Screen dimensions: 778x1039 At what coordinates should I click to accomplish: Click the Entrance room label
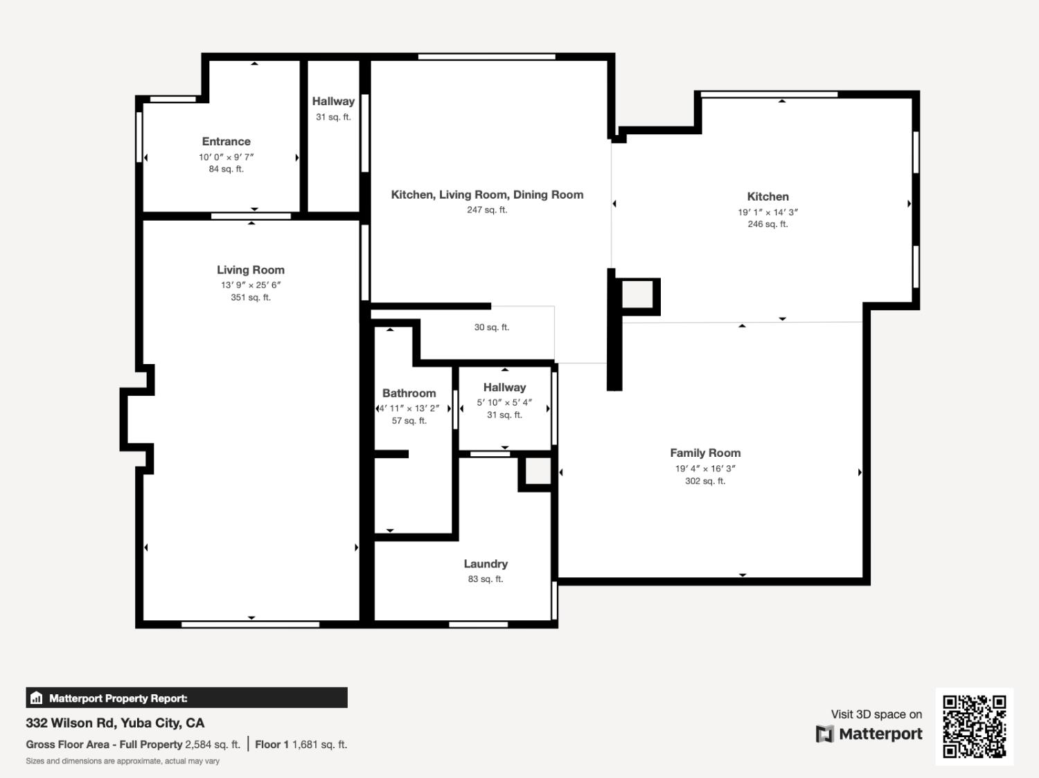point(226,141)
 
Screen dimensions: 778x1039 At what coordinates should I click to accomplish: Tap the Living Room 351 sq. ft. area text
point(250,298)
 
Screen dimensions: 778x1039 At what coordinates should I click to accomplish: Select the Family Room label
point(705,453)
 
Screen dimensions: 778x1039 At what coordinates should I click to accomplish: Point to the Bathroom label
point(409,393)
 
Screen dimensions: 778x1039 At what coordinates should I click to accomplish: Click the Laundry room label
point(486,564)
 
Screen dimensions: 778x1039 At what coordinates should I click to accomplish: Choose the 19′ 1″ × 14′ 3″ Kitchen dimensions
point(767,212)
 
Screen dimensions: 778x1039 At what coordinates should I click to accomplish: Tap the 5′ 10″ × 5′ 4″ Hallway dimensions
point(504,402)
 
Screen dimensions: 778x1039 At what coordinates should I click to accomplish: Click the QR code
point(974,726)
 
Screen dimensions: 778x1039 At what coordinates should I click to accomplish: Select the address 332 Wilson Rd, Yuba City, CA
point(115,723)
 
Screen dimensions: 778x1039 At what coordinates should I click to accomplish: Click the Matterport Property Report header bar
point(186,698)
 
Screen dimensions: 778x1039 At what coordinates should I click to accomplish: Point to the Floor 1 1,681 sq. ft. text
point(301,745)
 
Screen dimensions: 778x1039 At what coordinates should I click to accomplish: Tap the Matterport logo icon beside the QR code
point(824,734)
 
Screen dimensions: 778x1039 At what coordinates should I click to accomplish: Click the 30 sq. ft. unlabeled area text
point(491,327)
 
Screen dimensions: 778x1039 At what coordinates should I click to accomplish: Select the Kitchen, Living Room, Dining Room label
point(487,194)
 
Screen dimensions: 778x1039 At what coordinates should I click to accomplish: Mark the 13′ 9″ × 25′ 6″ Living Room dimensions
point(250,284)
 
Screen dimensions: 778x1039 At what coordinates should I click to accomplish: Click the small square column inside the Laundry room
point(538,471)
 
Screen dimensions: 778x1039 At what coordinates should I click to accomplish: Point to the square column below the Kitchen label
point(638,295)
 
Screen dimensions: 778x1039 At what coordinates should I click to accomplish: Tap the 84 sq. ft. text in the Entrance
point(226,169)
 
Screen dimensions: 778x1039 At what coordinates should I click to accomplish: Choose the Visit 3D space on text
point(876,714)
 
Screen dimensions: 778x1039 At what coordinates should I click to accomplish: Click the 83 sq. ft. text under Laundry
point(486,579)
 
